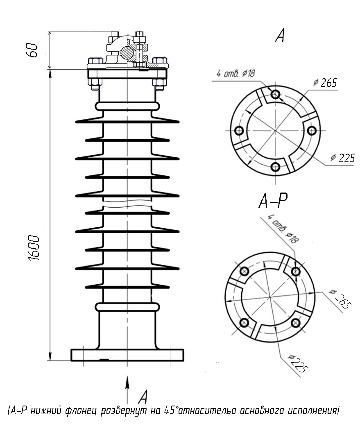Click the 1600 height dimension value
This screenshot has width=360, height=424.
[x=34, y=248]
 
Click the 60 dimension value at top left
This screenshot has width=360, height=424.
[x=32, y=50]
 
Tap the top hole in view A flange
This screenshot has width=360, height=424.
[x=275, y=94]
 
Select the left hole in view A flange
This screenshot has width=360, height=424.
[x=239, y=131]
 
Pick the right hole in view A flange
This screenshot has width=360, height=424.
[x=312, y=131]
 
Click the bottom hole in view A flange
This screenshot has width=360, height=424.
[x=275, y=167]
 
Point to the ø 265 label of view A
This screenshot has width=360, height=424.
[x=326, y=82]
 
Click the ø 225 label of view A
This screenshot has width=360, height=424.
[x=343, y=158]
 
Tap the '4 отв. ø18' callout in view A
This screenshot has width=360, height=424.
[x=235, y=73]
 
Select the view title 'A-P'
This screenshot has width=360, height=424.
[x=273, y=201]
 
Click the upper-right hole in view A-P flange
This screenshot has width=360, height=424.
[x=296, y=271]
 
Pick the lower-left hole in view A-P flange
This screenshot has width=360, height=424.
[x=245, y=322]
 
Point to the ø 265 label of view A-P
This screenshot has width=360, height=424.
[x=340, y=299]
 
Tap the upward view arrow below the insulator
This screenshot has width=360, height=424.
[x=127, y=390]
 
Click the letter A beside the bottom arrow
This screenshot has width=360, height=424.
[x=143, y=397]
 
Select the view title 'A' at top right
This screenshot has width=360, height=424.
[x=280, y=35]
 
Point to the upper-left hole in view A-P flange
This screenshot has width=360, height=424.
[x=245, y=271]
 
